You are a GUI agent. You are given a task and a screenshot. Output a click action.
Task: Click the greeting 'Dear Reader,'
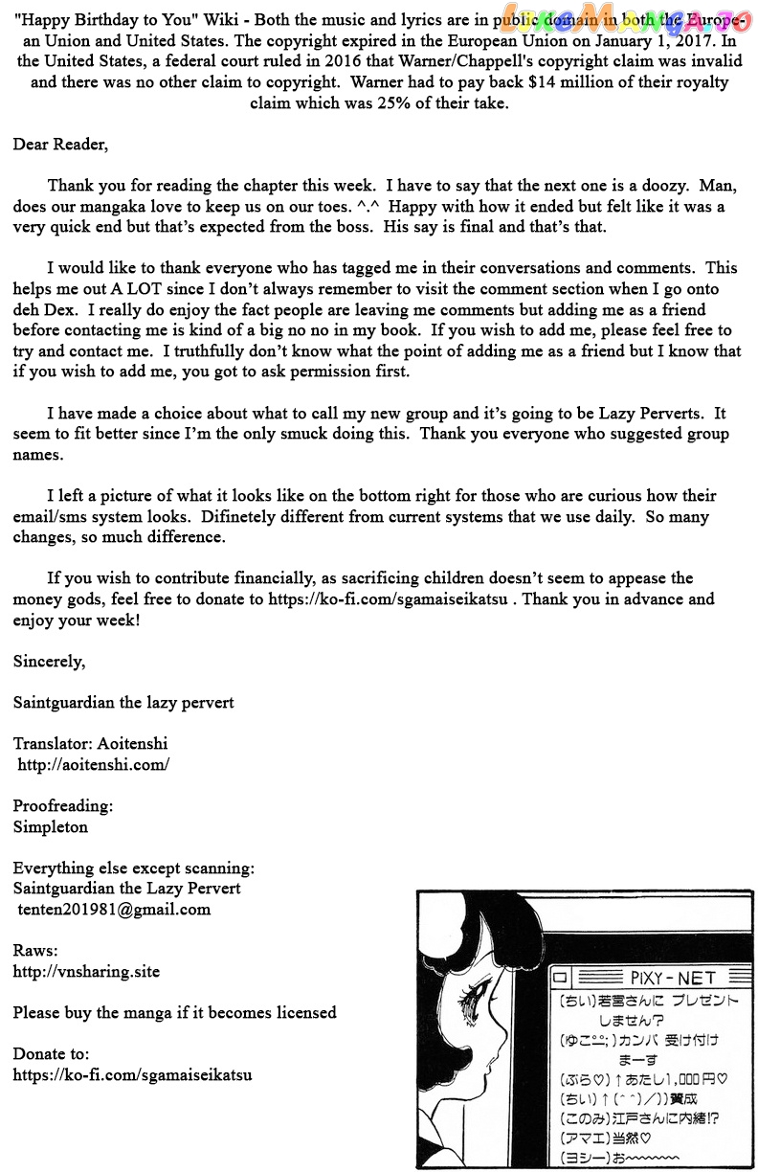(60, 145)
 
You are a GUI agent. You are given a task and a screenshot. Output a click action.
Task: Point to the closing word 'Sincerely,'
(49, 661)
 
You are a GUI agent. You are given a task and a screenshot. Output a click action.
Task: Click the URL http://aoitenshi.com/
(94, 764)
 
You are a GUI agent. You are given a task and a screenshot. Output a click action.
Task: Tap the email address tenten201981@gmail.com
(114, 909)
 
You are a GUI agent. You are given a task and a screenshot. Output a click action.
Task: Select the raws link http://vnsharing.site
(86, 971)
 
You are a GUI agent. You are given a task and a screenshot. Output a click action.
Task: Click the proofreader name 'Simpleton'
(51, 826)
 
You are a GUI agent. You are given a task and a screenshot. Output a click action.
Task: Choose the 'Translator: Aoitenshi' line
(90, 743)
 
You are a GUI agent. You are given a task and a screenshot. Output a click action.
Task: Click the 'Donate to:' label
(51, 1053)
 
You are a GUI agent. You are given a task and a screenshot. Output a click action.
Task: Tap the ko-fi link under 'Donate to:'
(132, 1074)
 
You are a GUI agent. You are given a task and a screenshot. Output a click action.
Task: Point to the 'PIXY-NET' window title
(673, 978)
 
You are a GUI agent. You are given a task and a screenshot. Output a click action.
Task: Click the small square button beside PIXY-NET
(562, 978)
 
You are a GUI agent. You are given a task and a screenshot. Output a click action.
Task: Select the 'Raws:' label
(35, 950)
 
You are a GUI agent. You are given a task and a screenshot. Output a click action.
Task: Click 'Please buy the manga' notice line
(174, 1012)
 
